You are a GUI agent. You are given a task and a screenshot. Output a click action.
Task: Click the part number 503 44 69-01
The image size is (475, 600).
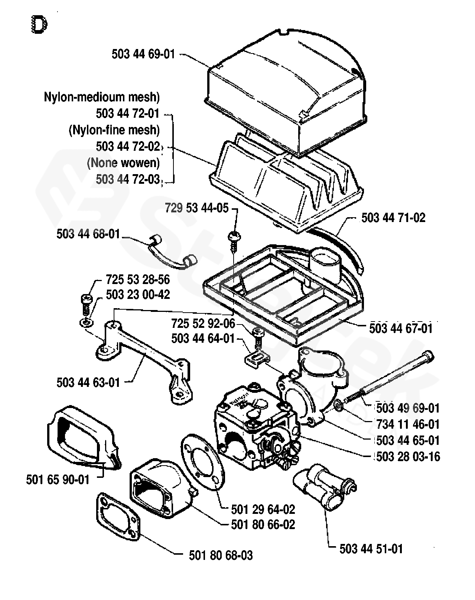[143, 54]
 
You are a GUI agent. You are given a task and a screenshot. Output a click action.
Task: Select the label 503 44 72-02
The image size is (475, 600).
[128, 146]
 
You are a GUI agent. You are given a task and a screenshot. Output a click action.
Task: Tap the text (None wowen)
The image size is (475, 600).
[123, 163]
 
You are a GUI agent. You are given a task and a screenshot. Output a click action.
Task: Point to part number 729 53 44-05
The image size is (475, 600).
[197, 208]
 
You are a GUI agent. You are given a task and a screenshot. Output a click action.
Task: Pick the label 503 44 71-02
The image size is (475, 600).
[393, 218]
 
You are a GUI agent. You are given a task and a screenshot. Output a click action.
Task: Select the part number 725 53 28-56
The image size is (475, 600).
[138, 279]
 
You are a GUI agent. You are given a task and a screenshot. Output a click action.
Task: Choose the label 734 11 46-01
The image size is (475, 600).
[408, 424]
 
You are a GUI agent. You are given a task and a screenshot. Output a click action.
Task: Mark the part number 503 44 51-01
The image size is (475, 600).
[371, 549]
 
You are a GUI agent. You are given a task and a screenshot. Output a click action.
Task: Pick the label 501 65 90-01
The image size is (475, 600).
[58, 479]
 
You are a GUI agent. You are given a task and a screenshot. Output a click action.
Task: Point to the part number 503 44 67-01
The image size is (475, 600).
[401, 328]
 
